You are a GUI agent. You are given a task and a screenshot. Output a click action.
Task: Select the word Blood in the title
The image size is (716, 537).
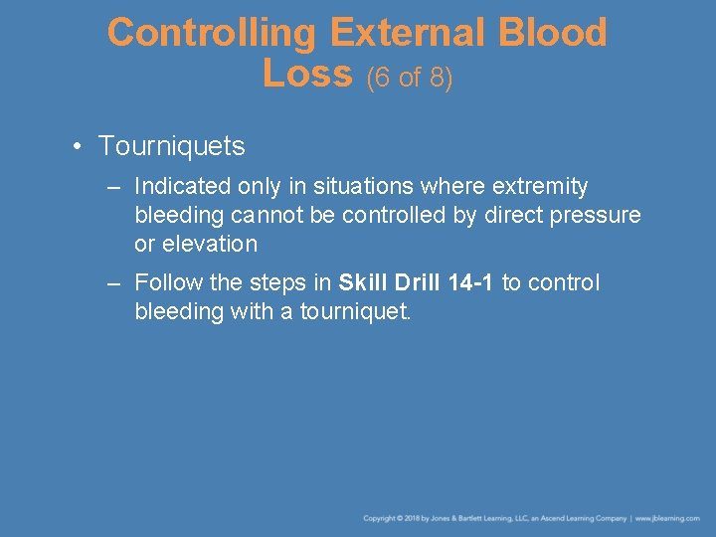point(553,33)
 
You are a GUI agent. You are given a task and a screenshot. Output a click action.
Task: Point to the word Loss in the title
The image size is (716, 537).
point(307,73)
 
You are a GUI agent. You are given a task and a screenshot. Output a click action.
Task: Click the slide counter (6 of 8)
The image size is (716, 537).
point(410,78)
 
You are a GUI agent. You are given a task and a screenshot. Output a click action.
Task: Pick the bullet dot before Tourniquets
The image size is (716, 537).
point(77,147)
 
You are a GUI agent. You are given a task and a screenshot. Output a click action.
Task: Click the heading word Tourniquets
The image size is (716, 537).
point(171,146)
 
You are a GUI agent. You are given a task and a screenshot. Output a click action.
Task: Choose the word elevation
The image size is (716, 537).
point(209,244)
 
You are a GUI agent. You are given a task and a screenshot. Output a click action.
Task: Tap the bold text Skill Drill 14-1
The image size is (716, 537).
point(416,282)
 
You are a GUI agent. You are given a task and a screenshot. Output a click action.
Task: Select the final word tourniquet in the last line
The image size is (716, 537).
point(356,311)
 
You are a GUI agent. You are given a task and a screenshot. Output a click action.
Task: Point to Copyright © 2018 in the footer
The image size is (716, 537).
point(394,518)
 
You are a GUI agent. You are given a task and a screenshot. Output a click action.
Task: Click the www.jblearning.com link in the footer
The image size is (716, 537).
point(667,518)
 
